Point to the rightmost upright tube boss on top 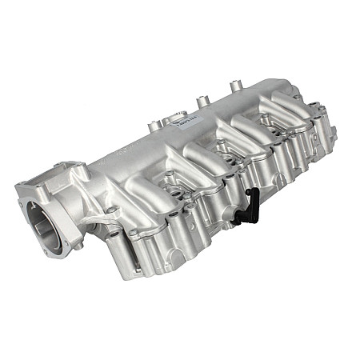235,85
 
